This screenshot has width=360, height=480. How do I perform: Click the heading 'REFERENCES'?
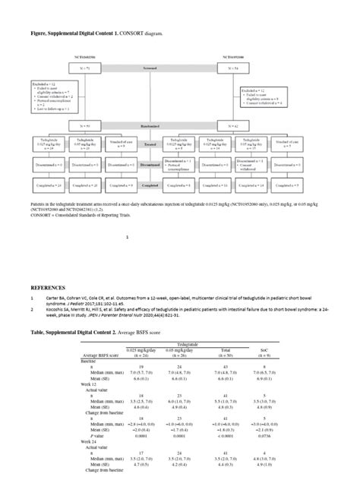tap(48, 289)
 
